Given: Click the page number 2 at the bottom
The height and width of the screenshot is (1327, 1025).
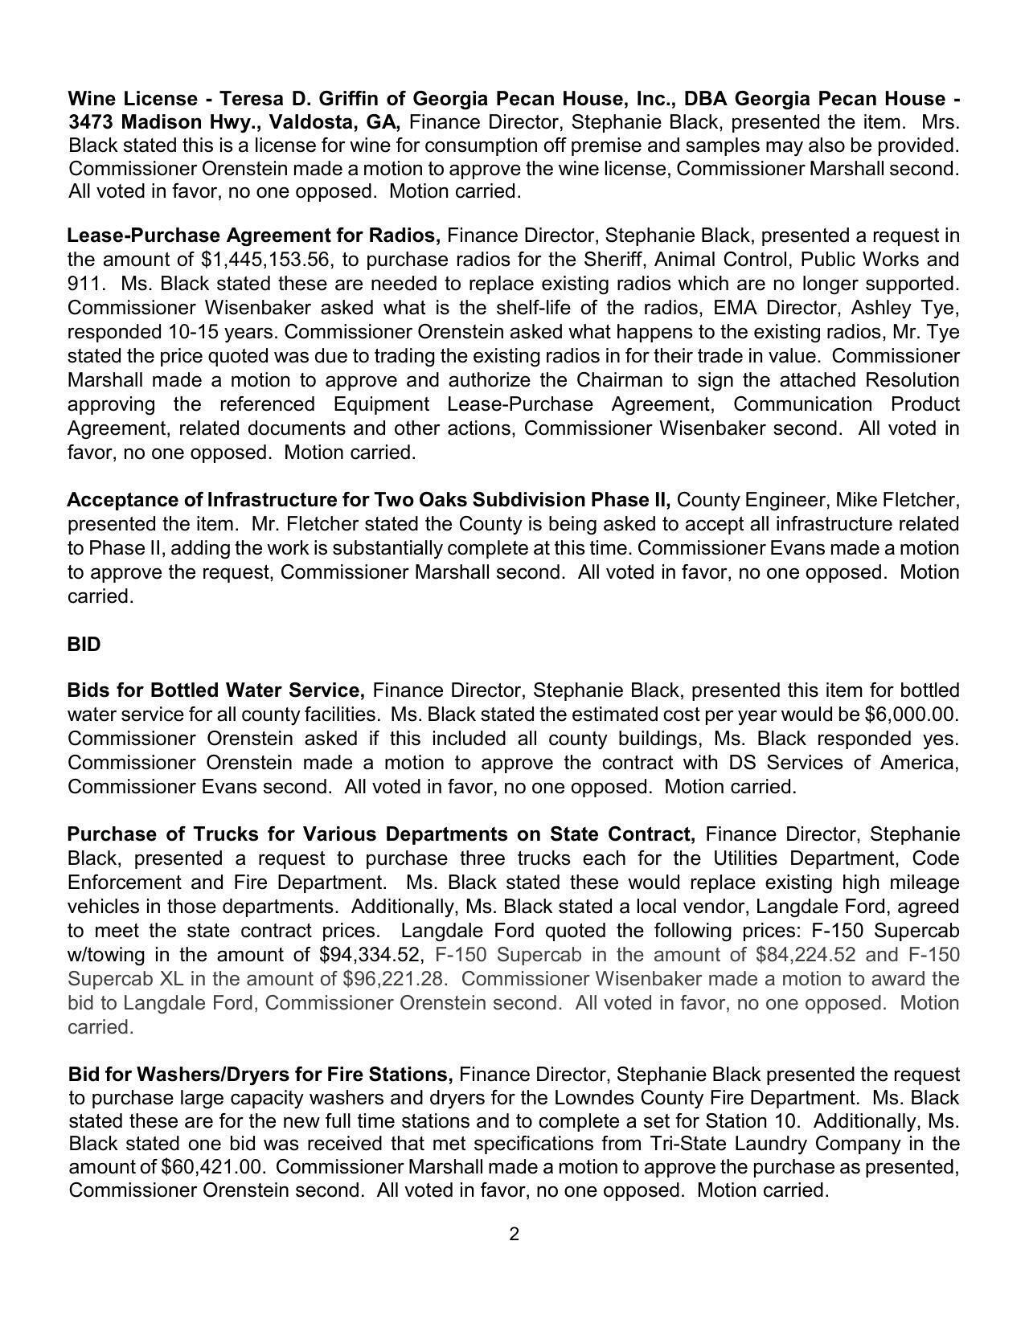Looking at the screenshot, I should click(514, 1234).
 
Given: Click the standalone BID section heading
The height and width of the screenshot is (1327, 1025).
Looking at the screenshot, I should click(84, 645).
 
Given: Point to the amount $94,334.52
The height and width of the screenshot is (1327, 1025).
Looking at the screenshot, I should click(370, 955).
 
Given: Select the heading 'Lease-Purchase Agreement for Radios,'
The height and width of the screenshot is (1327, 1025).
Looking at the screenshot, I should click(253, 236).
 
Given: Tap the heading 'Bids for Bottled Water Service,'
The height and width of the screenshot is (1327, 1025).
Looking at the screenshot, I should click(216, 690).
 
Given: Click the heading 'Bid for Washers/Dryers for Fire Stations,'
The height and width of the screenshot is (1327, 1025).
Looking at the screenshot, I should click(260, 1075).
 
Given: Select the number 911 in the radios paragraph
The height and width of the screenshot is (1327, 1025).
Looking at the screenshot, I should click(82, 284).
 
